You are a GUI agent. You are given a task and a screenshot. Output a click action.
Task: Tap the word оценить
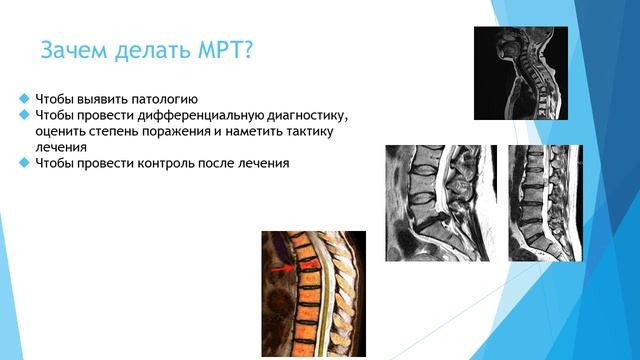[61, 132]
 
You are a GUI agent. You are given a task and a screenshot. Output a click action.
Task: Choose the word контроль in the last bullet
[157, 163]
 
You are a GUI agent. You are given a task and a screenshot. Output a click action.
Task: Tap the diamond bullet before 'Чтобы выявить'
[24, 99]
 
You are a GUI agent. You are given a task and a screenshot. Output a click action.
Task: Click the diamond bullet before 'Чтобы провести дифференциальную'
[24, 116]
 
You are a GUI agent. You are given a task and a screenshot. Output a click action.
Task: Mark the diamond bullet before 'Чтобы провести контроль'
[24, 163]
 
